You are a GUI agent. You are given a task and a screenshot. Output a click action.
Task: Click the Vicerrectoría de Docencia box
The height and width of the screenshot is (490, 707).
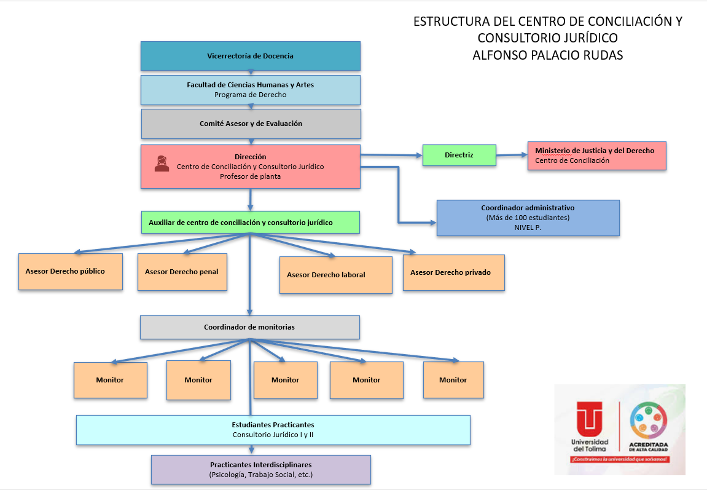click(250, 56)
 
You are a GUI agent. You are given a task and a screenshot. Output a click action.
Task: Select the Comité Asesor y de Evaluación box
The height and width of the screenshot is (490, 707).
click(251, 124)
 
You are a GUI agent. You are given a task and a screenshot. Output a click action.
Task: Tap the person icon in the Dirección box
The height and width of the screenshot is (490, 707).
click(162, 164)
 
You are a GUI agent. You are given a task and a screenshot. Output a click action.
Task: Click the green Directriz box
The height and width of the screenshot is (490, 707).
click(459, 155)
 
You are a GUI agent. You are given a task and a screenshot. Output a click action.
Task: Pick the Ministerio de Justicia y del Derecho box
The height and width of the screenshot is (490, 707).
click(596, 156)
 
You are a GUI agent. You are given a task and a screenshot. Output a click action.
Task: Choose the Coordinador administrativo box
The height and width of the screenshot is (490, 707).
click(528, 218)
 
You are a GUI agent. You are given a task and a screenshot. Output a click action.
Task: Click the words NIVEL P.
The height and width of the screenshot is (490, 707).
click(528, 227)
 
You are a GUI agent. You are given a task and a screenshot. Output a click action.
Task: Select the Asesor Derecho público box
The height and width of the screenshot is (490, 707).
click(70, 271)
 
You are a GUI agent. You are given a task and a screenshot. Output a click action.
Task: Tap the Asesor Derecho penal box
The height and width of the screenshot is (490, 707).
click(182, 272)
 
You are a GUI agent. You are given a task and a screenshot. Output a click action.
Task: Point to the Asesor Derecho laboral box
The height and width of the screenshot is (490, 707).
click(335, 275)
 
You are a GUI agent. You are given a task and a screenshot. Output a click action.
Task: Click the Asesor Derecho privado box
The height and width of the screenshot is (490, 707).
click(453, 272)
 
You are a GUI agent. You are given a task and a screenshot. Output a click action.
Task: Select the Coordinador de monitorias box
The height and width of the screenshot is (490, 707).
click(249, 327)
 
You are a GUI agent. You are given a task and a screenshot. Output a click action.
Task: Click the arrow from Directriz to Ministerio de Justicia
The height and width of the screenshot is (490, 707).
click(511, 155)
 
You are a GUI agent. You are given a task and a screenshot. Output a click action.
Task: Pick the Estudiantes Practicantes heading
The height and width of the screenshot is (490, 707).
click(273, 425)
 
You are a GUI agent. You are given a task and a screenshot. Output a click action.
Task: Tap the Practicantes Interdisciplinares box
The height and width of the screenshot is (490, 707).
click(260, 469)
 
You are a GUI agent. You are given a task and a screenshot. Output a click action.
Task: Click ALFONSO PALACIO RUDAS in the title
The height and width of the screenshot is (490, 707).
click(547, 55)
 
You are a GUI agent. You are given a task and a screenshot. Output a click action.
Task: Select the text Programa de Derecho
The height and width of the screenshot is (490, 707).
click(250, 95)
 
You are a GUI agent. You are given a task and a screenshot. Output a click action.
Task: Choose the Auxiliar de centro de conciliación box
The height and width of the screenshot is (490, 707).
click(249, 223)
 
